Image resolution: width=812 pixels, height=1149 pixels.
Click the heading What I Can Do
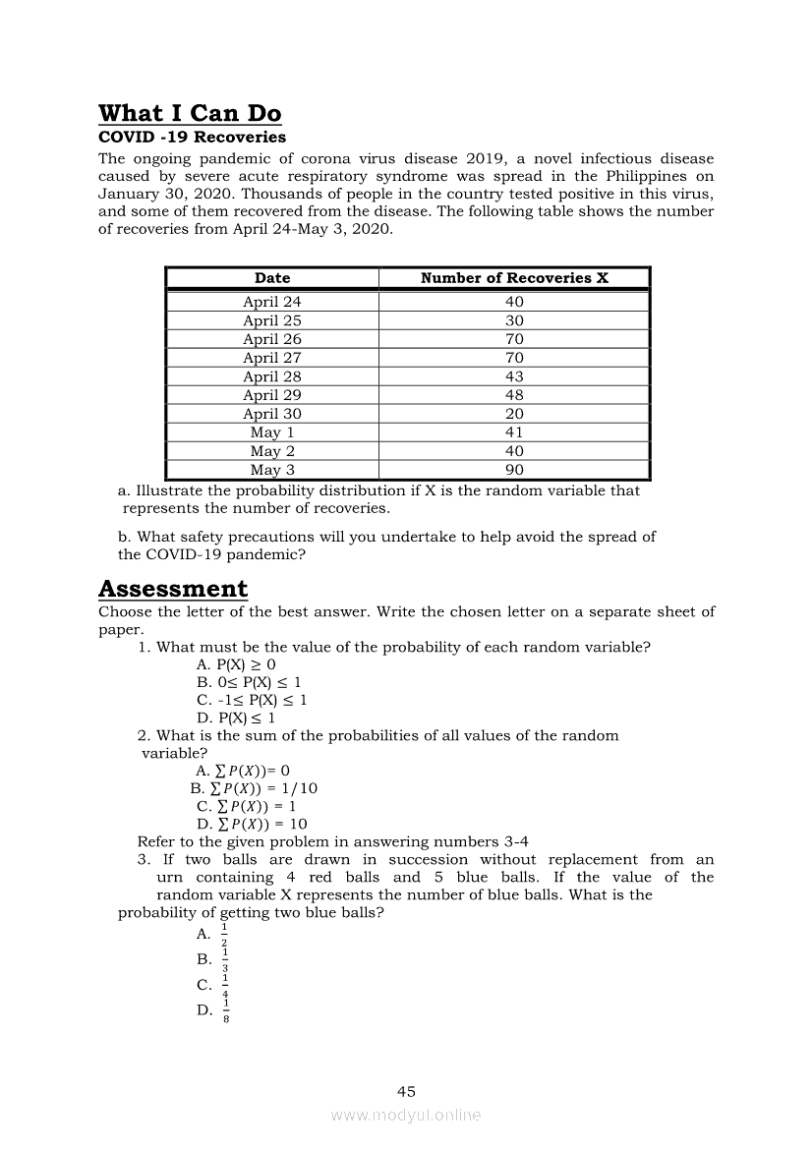pyautogui.click(x=190, y=114)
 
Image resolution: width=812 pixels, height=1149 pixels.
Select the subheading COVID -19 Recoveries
pyautogui.click(x=192, y=138)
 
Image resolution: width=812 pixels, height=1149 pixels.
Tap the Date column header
pyautogui.click(x=272, y=278)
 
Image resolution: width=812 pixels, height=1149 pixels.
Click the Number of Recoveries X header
pyautogui.click(x=514, y=278)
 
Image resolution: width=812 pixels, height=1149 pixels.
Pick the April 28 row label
pyautogui.click(x=272, y=376)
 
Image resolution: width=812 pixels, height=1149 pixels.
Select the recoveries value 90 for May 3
pyautogui.click(x=514, y=470)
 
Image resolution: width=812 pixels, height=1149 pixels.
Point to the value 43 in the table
pyautogui.click(x=514, y=376)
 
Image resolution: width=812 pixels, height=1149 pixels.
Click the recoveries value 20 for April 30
pyautogui.click(x=514, y=414)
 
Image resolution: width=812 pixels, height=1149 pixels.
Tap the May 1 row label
pyautogui.click(x=272, y=432)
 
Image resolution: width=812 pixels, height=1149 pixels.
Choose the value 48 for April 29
pyautogui.click(x=514, y=395)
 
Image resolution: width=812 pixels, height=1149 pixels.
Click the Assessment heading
pyautogui.click(x=173, y=589)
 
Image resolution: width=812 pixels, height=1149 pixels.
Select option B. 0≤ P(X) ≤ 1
pyautogui.click(x=249, y=682)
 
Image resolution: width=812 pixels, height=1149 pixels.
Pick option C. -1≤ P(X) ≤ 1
pyautogui.click(x=252, y=700)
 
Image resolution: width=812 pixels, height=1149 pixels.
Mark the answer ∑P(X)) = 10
pyautogui.click(x=252, y=824)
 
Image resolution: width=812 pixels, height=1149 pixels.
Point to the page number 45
pyautogui.click(x=406, y=1091)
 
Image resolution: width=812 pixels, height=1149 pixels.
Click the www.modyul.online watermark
pyautogui.click(x=406, y=1116)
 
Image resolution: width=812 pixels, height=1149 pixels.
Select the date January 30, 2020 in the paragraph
pyautogui.click(x=165, y=194)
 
